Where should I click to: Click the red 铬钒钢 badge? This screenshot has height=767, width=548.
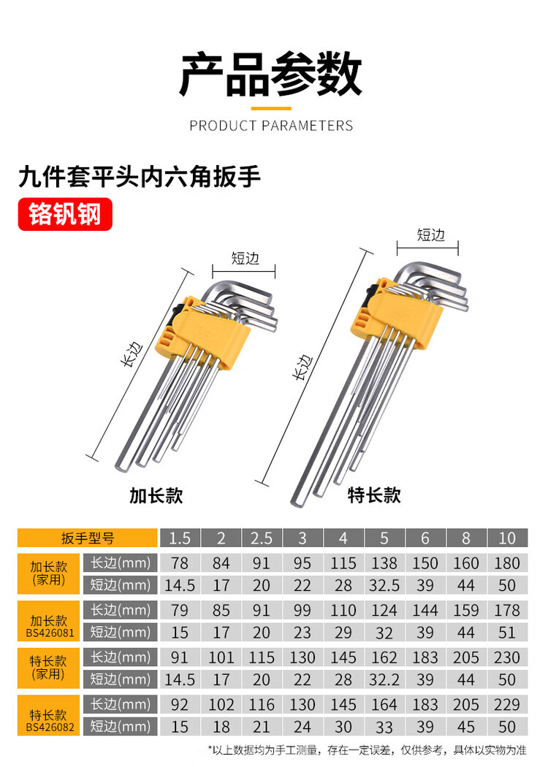pos(65,214)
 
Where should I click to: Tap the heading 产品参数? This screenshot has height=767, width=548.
pos(271,74)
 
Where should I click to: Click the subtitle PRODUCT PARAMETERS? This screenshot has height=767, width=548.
pos(271,126)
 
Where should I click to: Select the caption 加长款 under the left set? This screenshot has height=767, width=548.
pos(156,495)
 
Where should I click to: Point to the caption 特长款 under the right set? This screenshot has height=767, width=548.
pos(374,495)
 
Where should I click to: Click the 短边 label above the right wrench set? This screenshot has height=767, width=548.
pos(430,234)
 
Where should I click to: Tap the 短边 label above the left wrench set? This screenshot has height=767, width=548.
pos(245,258)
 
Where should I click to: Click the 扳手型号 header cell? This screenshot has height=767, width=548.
pos(88,538)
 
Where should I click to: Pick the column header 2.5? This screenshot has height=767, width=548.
pos(262,538)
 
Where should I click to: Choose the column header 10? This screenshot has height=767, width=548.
pos(507,538)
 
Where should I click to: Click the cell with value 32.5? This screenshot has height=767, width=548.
pos(384,585)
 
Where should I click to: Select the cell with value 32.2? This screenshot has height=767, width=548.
pos(384,679)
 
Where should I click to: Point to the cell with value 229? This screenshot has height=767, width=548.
pos(507,704)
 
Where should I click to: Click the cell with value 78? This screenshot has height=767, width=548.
pos(180,563)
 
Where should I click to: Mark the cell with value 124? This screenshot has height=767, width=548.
pos(384,610)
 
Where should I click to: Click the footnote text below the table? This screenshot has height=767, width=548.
pos(368,750)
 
